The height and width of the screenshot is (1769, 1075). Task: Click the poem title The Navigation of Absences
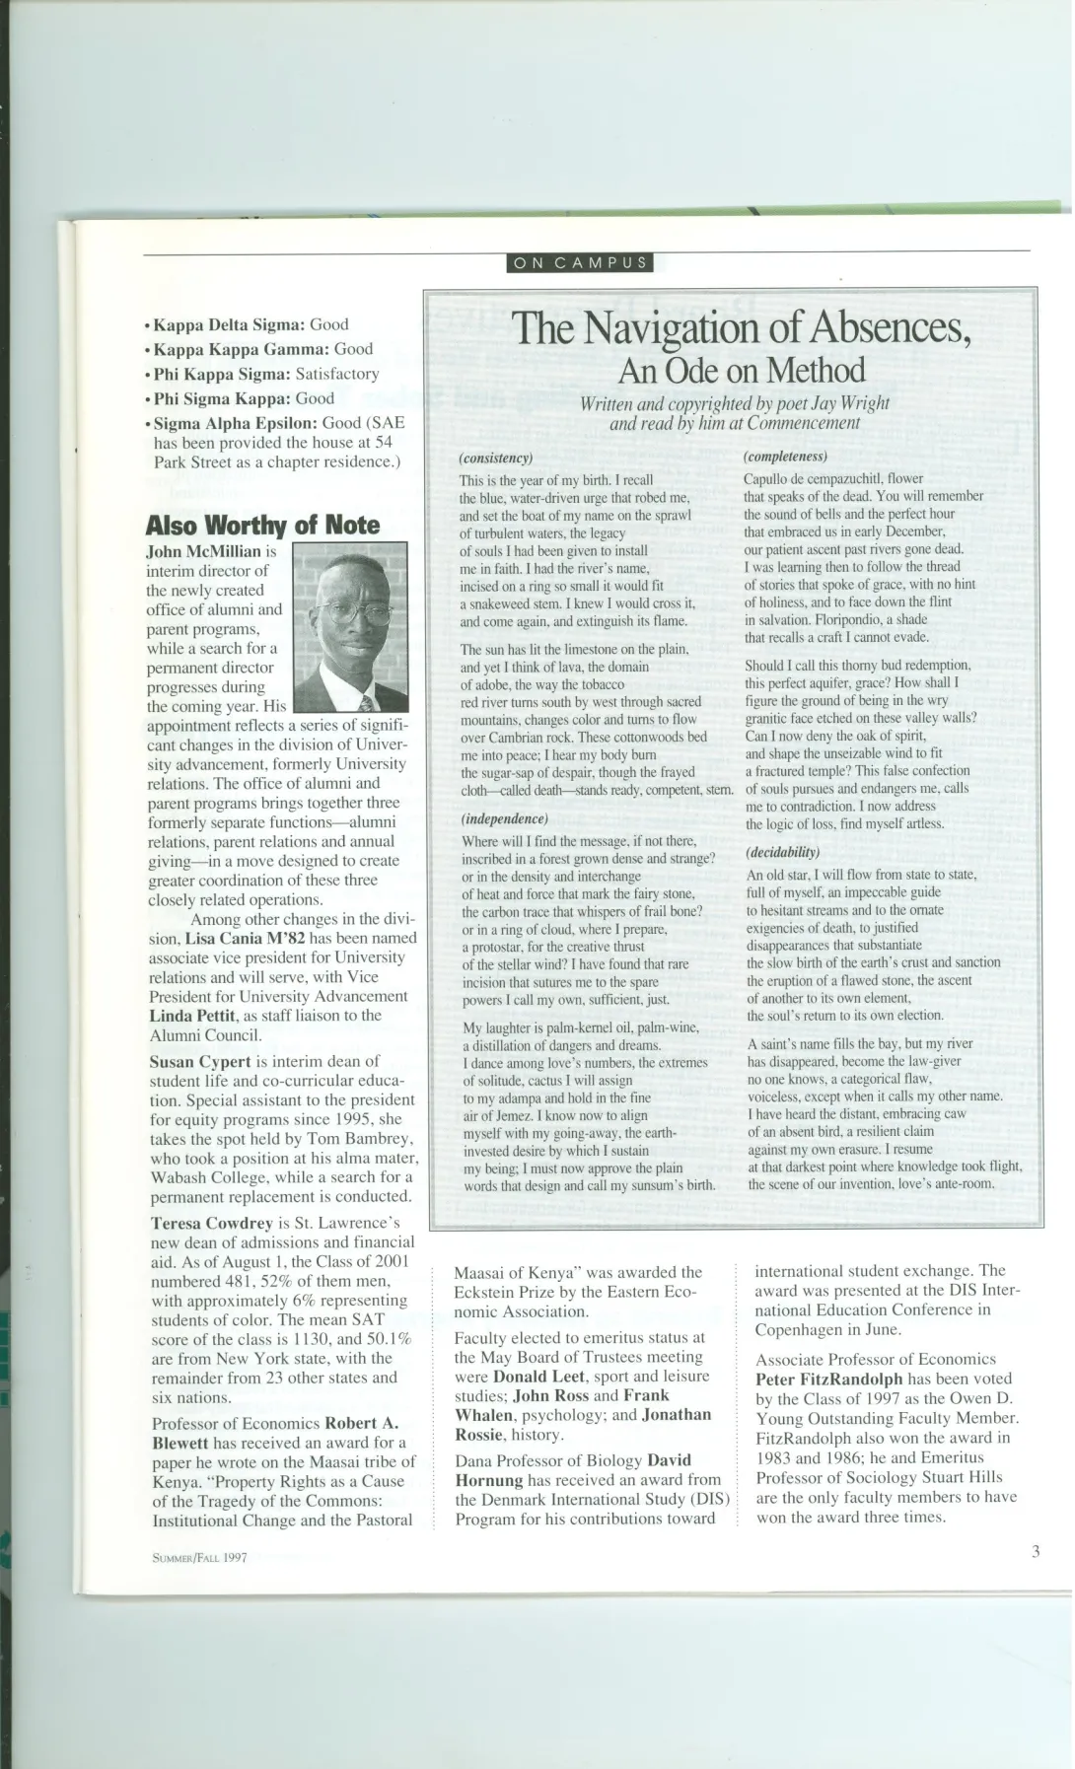click(x=741, y=327)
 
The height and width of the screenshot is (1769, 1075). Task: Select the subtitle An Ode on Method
click(x=741, y=371)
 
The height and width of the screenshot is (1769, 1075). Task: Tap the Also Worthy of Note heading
click(x=262, y=525)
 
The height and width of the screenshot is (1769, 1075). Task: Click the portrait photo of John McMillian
click(x=351, y=628)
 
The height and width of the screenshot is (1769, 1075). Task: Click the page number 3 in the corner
click(x=1036, y=1551)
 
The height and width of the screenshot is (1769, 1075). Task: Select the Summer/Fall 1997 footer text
click(x=199, y=1557)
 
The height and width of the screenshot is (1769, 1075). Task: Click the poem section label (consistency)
click(x=496, y=459)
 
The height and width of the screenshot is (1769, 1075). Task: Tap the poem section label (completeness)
click(x=785, y=457)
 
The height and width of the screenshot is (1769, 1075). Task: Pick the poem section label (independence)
click(x=504, y=818)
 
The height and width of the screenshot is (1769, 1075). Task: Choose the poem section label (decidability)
click(x=783, y=852)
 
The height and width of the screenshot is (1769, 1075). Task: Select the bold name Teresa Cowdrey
click(x=212, y=1223)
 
